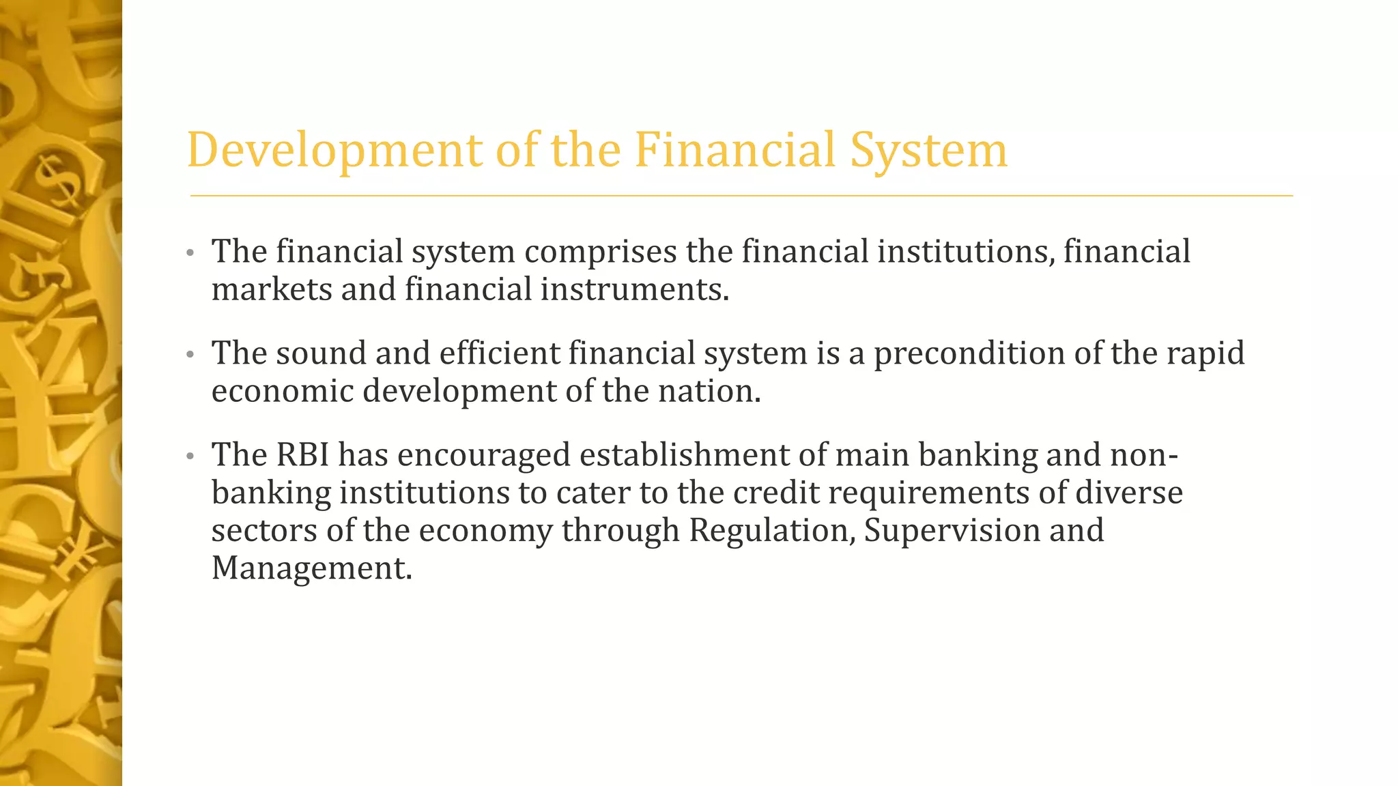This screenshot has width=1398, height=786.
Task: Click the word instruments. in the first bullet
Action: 635,289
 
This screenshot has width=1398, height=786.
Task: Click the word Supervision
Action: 952,530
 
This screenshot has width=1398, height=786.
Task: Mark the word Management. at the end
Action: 312,568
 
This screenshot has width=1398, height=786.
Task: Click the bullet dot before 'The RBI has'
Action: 190,456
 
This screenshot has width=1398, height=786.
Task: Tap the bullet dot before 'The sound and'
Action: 190,355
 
